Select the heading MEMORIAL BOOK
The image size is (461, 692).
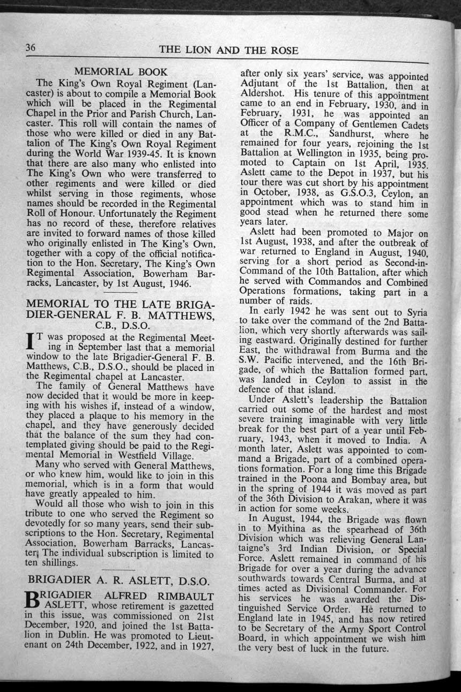click(x=121, y=71)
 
